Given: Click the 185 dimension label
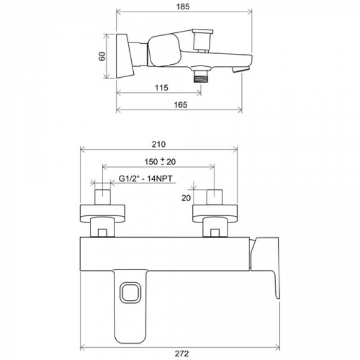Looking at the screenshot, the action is (183, 7).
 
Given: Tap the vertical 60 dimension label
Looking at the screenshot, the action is (102, 56).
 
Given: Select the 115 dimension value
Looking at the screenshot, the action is (161, 88).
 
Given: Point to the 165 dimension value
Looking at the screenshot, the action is (181, 105).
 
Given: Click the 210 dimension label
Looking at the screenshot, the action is (158, 145).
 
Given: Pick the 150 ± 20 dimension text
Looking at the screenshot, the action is (160, 161).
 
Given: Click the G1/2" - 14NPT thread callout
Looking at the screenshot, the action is (146, 178).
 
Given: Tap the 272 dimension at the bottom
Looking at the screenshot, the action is (182, 354).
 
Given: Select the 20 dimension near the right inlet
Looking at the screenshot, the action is (186, 198).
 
